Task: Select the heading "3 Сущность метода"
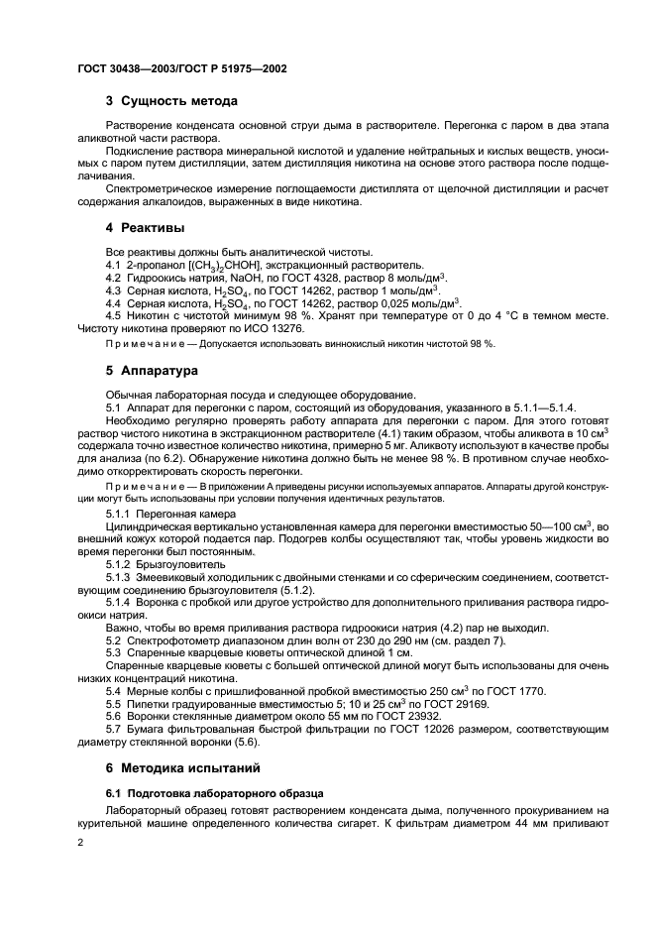[170, 101]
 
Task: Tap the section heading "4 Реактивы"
[145, 227]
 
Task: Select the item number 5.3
[114, 652]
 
